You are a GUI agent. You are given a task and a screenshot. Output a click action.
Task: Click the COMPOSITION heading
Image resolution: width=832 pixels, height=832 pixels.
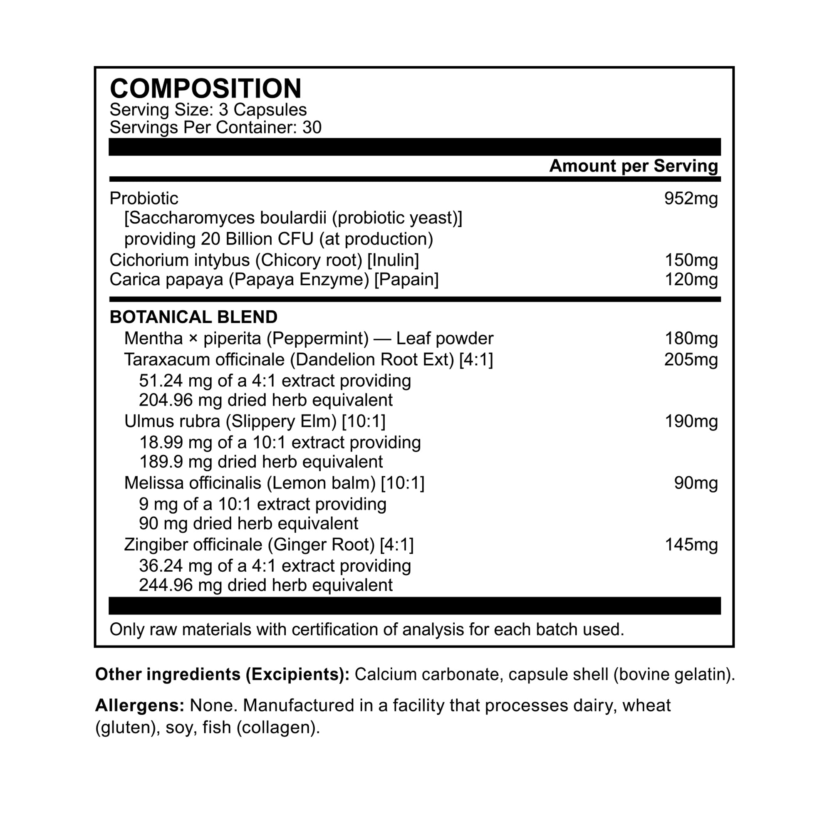click(x=206, y=89)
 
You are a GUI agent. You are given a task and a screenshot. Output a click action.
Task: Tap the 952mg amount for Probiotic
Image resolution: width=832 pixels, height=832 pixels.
click(x=691, y=198)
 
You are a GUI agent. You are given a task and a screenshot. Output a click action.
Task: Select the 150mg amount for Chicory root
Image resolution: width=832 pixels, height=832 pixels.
click(x=691, y=260)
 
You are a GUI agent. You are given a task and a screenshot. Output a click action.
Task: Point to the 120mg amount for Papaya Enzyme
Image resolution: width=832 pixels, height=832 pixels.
click(x=691, y=280)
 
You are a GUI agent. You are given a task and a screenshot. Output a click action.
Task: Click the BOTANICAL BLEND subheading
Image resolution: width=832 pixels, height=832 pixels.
click(x=193, y=317)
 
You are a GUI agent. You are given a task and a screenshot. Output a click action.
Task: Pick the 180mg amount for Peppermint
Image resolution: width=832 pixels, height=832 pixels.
click(x=691, y=339)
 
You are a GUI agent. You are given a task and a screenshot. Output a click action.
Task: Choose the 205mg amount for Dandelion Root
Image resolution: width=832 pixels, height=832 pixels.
click(x=691, y=359)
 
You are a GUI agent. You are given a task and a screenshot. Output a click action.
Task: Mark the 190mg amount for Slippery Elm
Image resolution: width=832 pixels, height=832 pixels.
click(x=691, y=421)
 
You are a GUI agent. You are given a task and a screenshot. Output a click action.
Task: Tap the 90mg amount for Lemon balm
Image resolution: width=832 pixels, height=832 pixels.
click(x=696, y=483)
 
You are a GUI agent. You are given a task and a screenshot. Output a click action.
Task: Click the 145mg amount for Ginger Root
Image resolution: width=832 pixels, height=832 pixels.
click(x=691, y=545)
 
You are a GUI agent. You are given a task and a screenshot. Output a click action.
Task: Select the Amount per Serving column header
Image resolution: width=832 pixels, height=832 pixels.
click(x=634, y=166)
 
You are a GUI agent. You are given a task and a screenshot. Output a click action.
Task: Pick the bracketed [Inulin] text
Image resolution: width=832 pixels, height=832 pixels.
click(x=393, y=260)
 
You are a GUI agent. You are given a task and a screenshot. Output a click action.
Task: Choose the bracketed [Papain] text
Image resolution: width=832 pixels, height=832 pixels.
click(x=406, y=280)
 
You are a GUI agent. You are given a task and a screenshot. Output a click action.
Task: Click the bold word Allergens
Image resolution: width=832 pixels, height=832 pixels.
click(x=139, y=706)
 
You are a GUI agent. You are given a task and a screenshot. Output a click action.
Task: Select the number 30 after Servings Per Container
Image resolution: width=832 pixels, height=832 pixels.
click(x=312, y=127)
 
